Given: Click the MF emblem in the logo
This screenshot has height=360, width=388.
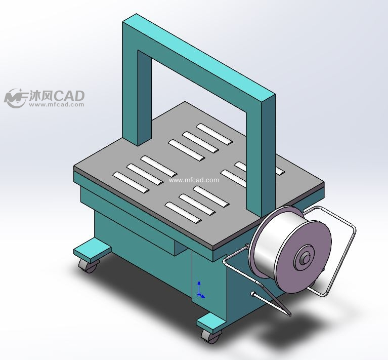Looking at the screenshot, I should (15, 97).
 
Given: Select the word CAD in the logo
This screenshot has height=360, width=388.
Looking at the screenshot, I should (69, 95).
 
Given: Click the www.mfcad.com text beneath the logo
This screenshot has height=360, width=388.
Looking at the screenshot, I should (56, 105).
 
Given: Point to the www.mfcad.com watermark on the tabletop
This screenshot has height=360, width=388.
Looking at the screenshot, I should (194, 180).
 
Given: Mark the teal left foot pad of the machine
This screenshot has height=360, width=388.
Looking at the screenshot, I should (92, 250).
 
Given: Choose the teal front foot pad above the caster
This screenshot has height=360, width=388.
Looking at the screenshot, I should (209, 321).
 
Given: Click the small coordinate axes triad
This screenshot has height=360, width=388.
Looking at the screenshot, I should (200, 290).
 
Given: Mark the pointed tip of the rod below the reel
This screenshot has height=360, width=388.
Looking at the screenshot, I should (290, 315).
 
